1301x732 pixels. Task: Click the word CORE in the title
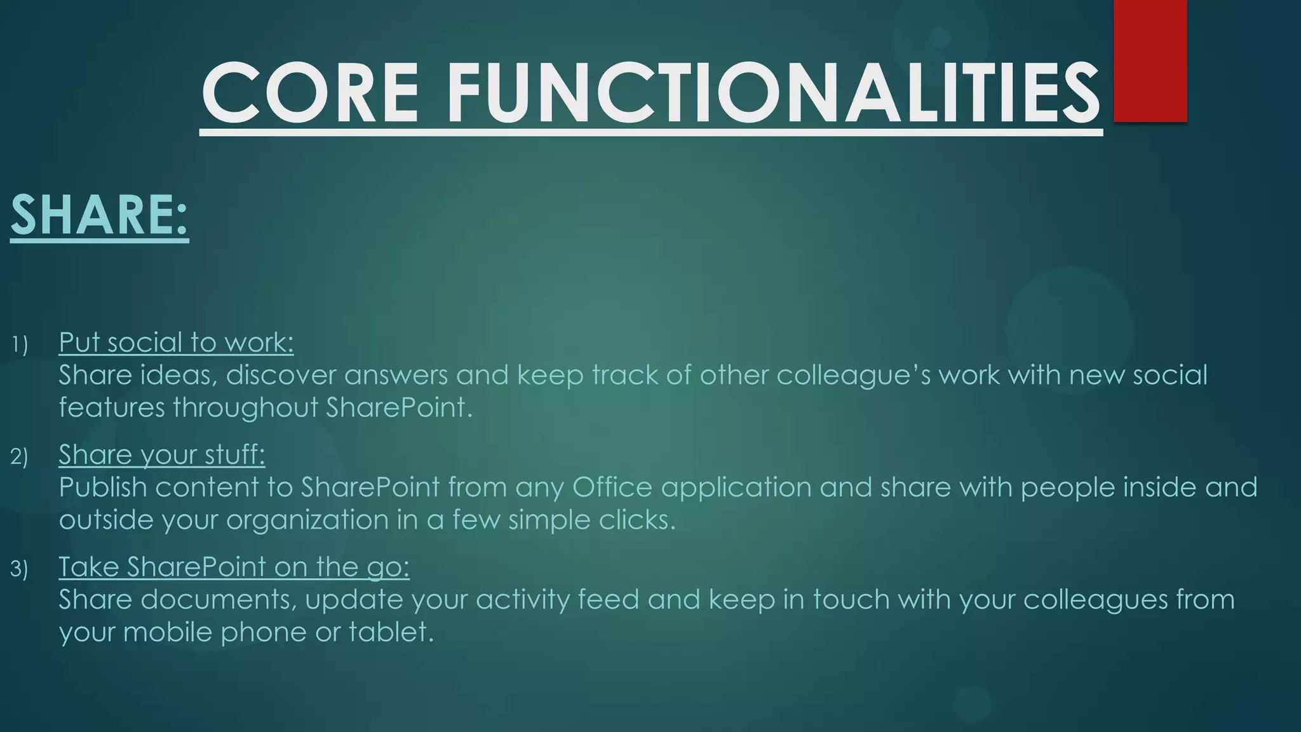[x=309, y=93]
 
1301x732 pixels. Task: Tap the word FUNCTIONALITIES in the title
[x=773, y=93]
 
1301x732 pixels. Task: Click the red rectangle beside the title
[x=1150, y=60]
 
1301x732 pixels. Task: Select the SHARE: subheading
[x=100, y=215]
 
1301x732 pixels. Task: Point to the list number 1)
[x=20, y=345]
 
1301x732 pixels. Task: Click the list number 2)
[x=20, y=457]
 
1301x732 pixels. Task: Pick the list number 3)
[x=20, y=569]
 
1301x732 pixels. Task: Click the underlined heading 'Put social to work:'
[x=176, y=342]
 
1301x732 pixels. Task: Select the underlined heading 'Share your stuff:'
[x=162, y=454]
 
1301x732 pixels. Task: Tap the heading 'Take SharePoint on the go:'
[x=234, y=566]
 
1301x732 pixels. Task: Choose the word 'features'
[x=112, y=407]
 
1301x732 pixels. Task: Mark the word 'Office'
[x=612, y=487]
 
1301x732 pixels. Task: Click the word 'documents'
[x=218, y=600]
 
